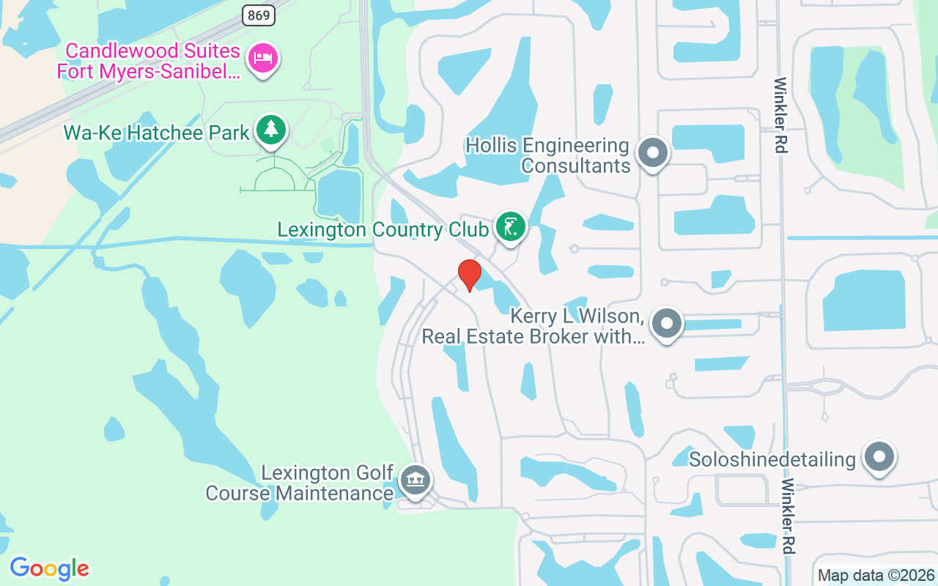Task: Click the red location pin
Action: [469, 275]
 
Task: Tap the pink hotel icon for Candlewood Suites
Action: [262, 58]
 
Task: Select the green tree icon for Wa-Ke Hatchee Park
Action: [272, 130]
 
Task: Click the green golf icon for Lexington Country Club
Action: [510, 226]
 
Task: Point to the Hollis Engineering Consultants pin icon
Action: [651, 154]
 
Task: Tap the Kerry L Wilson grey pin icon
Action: [666, 323]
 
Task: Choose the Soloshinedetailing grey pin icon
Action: [879, 457]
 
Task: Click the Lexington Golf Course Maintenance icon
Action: [416, 481]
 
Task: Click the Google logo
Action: [49, 568]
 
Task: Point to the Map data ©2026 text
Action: [876, 575]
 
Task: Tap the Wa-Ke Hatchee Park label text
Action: [157, 133]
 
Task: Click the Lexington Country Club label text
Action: [383, 230]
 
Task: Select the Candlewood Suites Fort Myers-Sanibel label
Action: [149, 61]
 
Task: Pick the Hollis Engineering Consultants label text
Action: [547, 155]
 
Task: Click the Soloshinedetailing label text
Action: [772, 459]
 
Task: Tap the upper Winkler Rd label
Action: [780, 115]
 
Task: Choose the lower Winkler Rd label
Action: [789, 516]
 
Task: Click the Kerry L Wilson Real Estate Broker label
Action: [533, 327]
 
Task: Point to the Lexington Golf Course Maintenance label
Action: [300, 483]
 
